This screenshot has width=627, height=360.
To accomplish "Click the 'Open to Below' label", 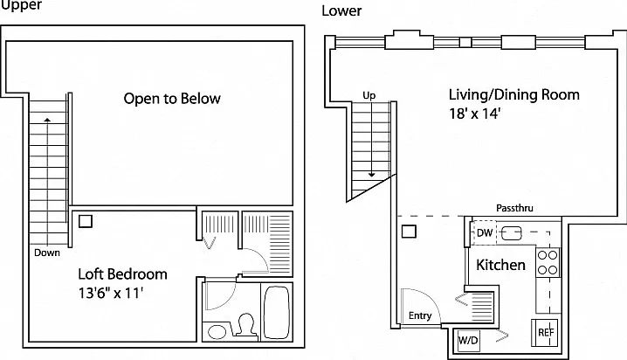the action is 172,99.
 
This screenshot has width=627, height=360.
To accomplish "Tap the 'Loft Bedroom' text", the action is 122,274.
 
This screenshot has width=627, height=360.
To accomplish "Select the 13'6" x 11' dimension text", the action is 110,294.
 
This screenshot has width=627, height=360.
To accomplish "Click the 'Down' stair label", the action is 47,253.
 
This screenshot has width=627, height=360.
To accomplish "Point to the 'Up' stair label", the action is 369,96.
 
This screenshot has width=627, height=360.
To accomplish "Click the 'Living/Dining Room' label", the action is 513,94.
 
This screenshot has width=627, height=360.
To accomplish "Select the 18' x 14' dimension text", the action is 474,114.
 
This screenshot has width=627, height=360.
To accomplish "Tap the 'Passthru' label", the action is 514,208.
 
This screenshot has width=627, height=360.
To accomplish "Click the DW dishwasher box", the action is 485,232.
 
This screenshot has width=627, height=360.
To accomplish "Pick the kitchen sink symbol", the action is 512,232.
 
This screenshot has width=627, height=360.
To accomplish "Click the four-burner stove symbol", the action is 548,262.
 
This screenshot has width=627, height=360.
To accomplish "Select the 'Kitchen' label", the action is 500,265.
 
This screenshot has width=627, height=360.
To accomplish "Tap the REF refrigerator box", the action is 545,332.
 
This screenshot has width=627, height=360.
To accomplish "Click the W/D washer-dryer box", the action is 469,341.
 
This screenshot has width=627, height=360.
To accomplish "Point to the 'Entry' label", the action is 420,316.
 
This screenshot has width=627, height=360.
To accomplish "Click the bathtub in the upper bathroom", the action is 276,312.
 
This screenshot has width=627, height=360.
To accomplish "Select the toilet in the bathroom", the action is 245,324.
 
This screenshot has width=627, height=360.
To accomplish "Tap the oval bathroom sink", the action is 217,332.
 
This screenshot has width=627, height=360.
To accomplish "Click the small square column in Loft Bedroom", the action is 86,221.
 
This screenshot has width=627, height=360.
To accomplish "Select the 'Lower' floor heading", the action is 341,10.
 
